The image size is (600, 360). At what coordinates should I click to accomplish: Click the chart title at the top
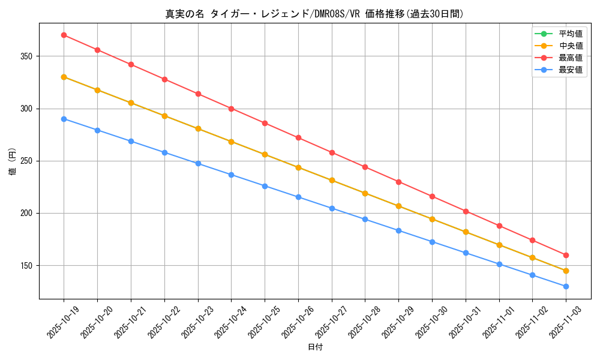314,14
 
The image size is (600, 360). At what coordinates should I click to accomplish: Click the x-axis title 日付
315,347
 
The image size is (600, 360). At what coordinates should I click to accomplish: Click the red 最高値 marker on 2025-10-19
64,35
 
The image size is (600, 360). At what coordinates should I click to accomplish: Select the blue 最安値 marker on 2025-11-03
566,286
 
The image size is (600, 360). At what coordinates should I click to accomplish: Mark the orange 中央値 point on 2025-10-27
332,180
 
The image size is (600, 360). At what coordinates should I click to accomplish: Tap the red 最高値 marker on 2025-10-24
231,109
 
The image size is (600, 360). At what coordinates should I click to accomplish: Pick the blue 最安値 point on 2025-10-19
64,119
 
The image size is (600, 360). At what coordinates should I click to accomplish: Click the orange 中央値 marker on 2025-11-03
566,271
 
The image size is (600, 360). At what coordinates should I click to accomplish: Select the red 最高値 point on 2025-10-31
466,211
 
